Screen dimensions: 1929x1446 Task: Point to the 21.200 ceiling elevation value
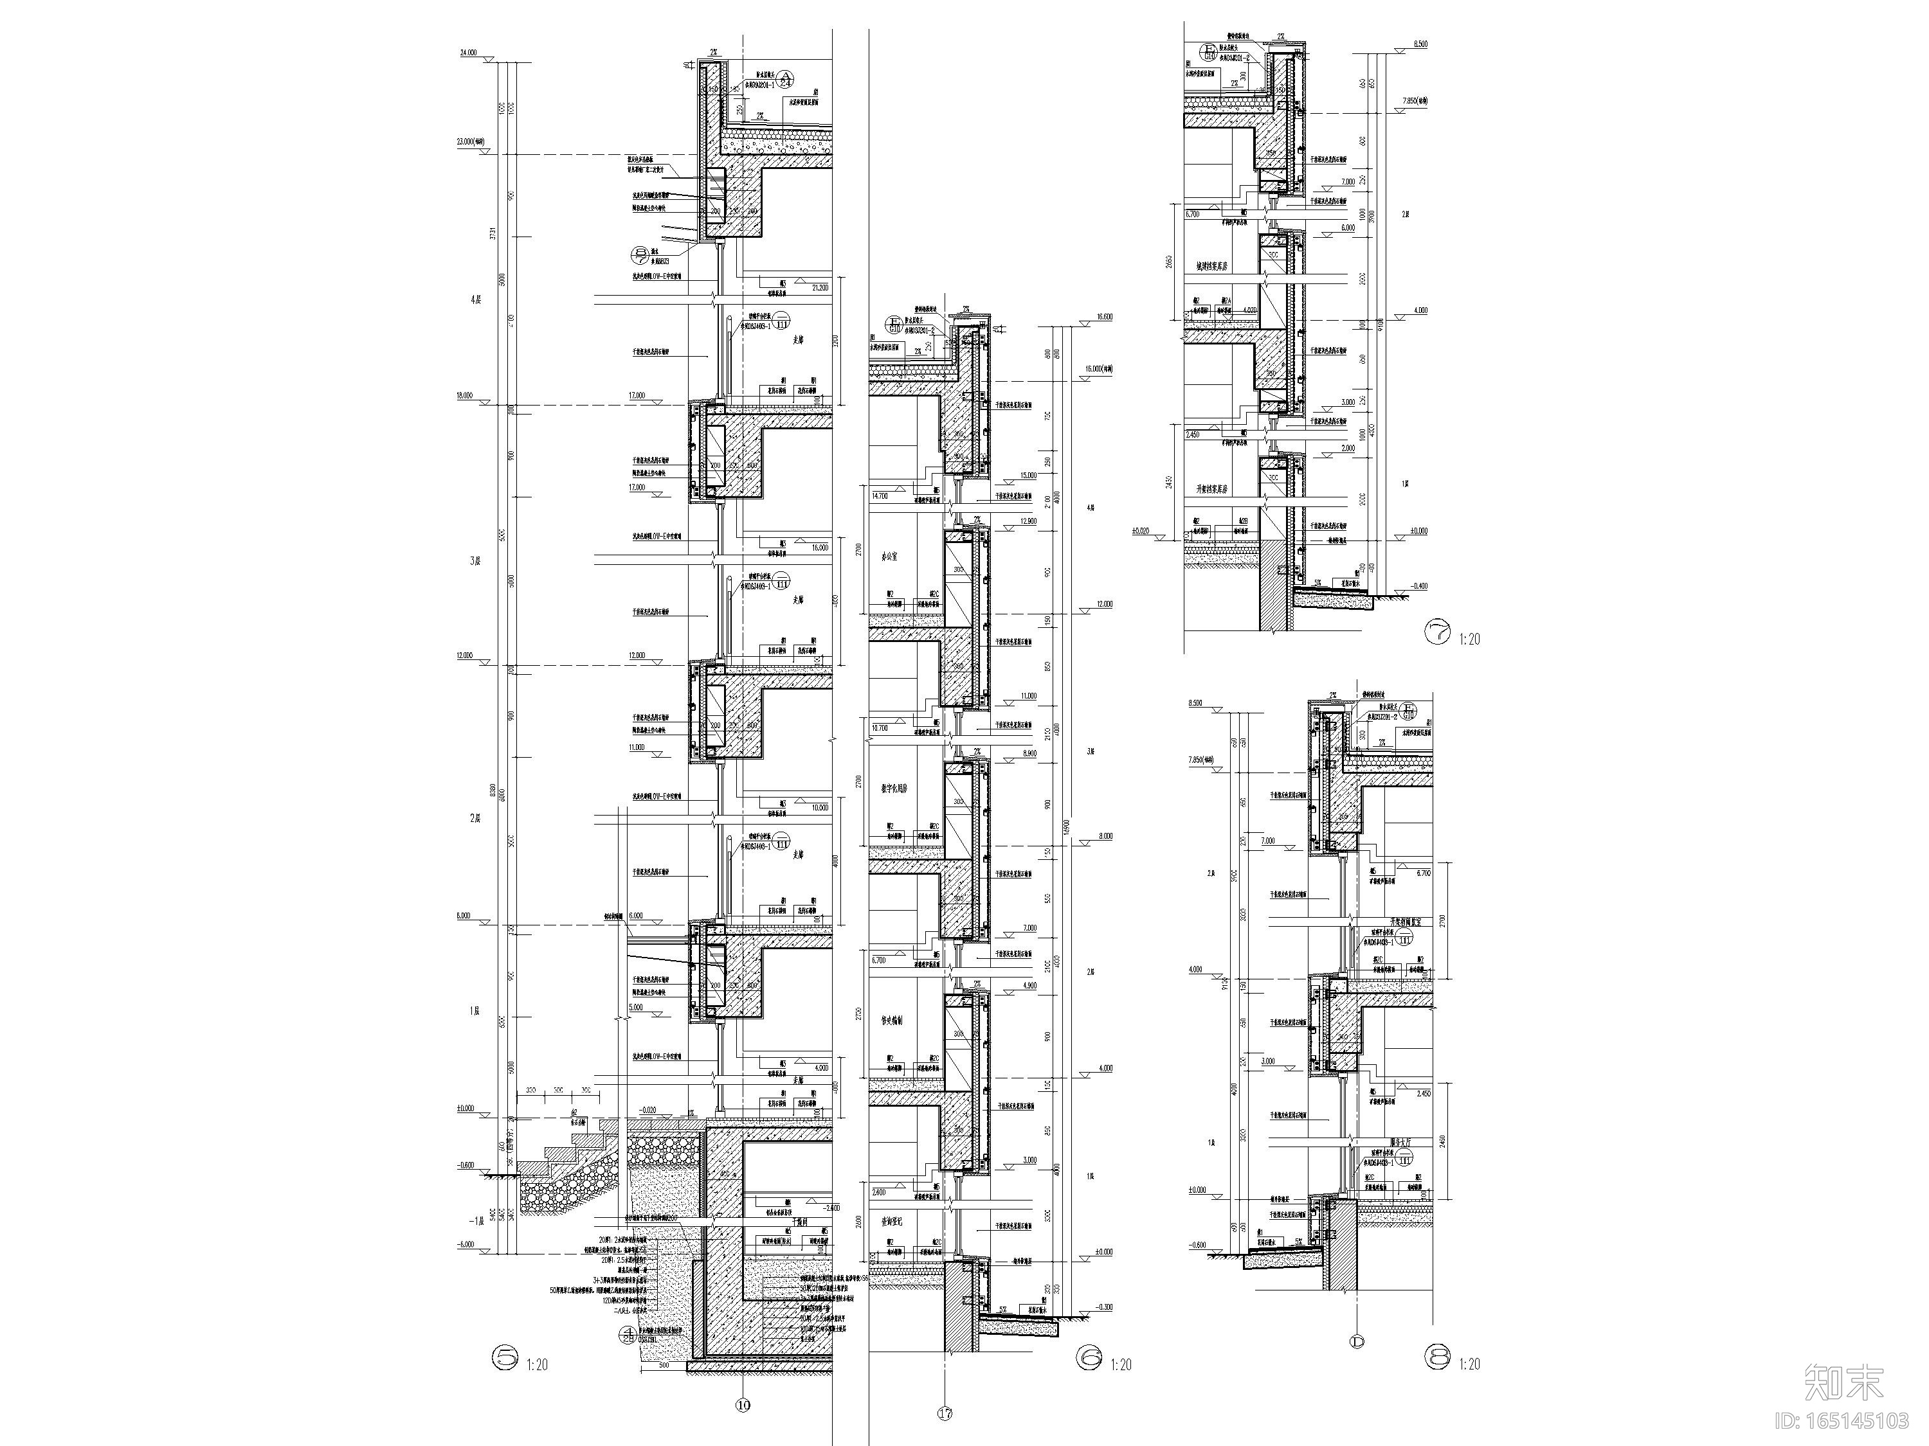[x=820, y=286]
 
